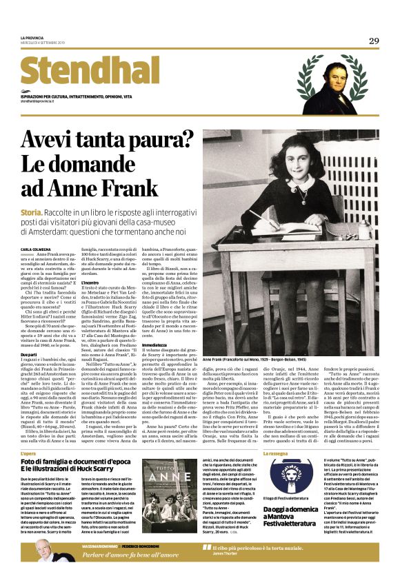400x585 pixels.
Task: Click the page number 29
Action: (x=373, y=41)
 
